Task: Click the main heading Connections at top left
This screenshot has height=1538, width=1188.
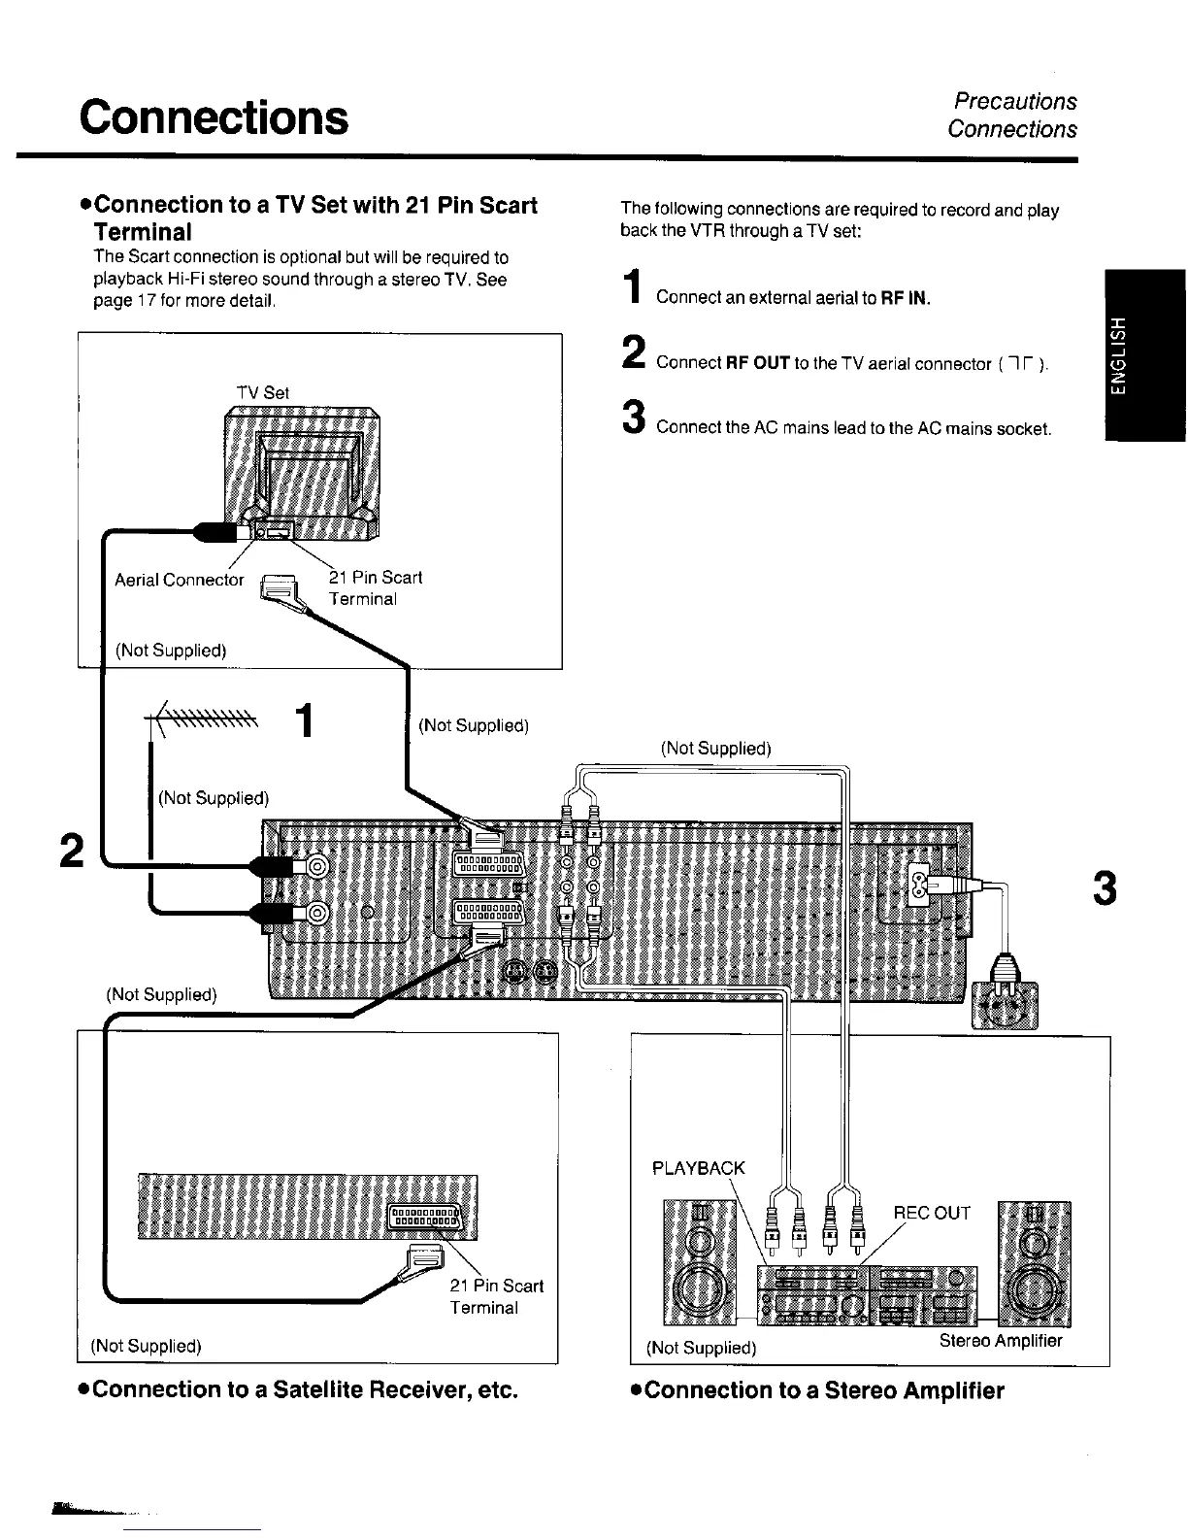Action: pyautogui.click(x=214, y=117)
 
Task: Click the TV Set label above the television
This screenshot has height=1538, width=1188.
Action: pyautogui.click(x=263, y=392)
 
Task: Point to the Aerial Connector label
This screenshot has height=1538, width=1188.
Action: pyautogui.click(x=180, y=580)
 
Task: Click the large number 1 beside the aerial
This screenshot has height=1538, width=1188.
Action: pyautogui.click(x=305, y=721)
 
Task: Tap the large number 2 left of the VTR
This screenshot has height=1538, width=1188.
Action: pyautogui.click(x=69, y=851)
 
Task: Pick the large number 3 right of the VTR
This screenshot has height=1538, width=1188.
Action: pyautogui.click(x=1105, y=889)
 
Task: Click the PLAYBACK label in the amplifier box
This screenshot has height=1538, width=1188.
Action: pyautogui.click(x=699, y=1168)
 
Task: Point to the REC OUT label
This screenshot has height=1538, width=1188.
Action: pyautogui.click(x=932, y=1213)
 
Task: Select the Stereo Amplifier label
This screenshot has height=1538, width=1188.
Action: pyautogui.click(x=1001, y=1341)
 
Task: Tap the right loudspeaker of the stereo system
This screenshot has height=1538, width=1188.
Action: pyautogui.click(x=1035, y=1263)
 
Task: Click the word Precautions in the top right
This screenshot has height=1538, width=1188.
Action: pyautogui.click(x=1015, y=101)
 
